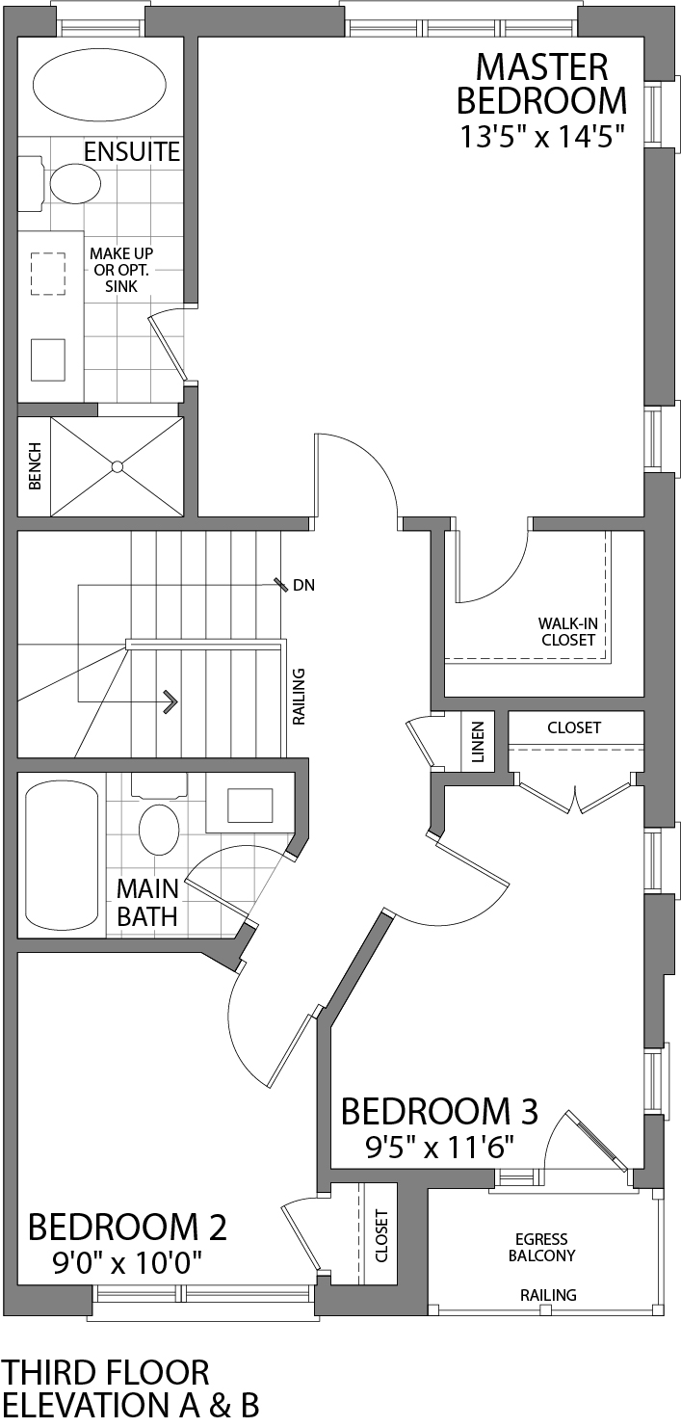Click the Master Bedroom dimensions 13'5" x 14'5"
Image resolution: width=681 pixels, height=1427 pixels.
[541, 137]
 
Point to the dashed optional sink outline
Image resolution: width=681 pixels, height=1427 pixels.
[47, 274]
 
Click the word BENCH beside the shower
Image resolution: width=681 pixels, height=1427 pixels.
[35, 466]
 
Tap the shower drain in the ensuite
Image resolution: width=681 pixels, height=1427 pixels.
[117, 466]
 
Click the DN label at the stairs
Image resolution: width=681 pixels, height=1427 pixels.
[303, 585]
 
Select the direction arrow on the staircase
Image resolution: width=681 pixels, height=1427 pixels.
[170, 700]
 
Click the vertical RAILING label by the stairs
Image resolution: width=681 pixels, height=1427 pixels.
[299, 696]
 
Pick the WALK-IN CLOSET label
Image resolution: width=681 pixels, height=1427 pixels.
[567, 631]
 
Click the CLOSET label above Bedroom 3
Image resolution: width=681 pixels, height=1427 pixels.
[574, 727]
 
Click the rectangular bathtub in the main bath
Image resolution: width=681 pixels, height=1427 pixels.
[61, 857]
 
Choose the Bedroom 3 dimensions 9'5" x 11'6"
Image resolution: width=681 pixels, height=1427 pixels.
[439, 1147]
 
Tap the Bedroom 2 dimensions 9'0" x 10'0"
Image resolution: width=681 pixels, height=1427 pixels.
[127, 1262]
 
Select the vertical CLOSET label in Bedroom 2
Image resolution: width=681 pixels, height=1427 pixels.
[380, 1236]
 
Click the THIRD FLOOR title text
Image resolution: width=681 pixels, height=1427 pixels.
[105, 1372]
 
